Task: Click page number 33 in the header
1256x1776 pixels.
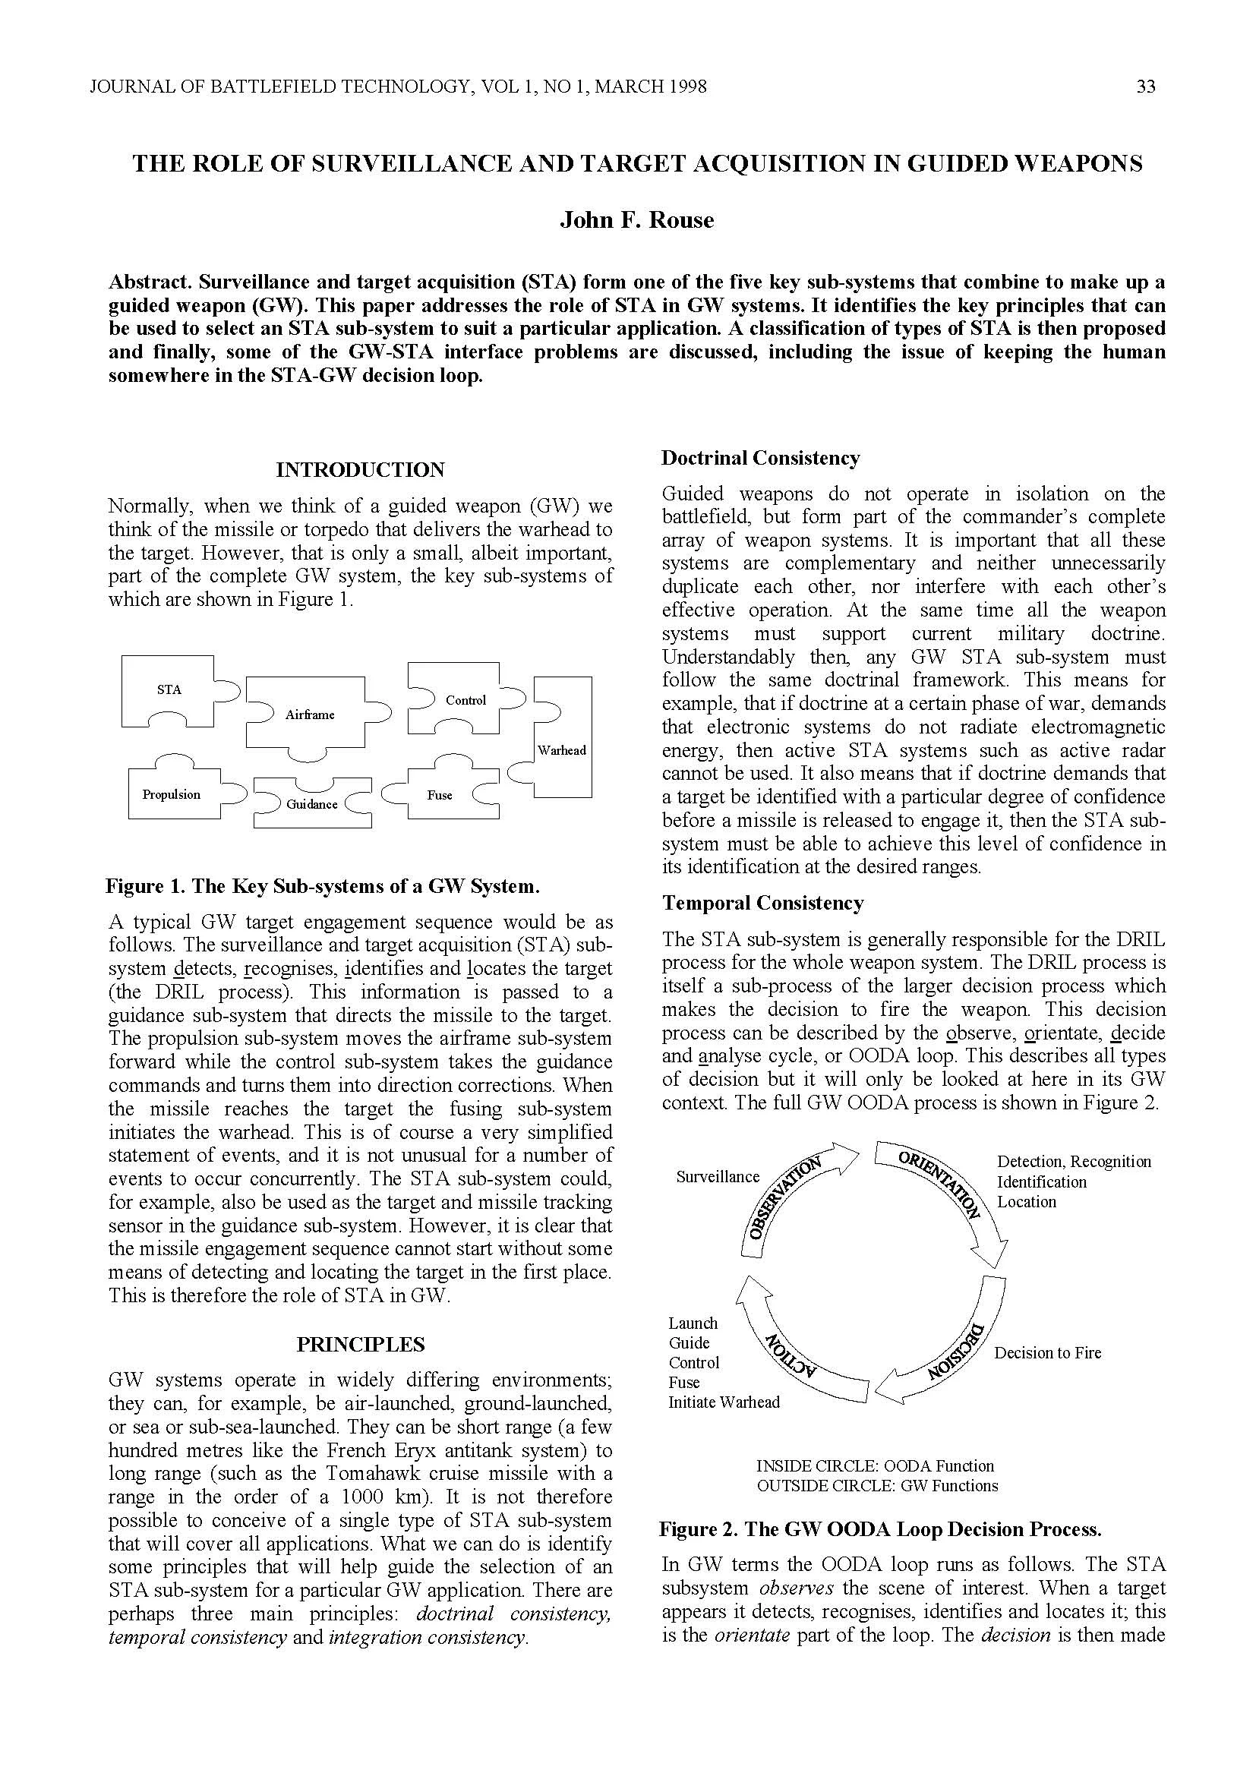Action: [1145, 87]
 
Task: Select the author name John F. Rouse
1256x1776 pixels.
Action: [636, 220]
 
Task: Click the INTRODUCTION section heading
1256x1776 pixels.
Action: [361, 470]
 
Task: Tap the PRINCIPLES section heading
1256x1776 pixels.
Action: [361, 1345]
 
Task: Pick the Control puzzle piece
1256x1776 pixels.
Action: [465, 700]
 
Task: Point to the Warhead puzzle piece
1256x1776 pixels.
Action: [562, 749]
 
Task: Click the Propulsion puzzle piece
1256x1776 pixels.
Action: [172, 794]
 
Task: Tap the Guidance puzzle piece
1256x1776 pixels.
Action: [311, 804]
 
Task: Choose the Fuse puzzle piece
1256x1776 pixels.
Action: [439, 795]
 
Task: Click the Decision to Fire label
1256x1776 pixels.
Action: [1047, 1353]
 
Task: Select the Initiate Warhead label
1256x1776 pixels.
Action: [724, 1402]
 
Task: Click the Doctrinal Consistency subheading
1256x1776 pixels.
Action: [760, 458]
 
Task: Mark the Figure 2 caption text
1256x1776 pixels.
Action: [880, 1529]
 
